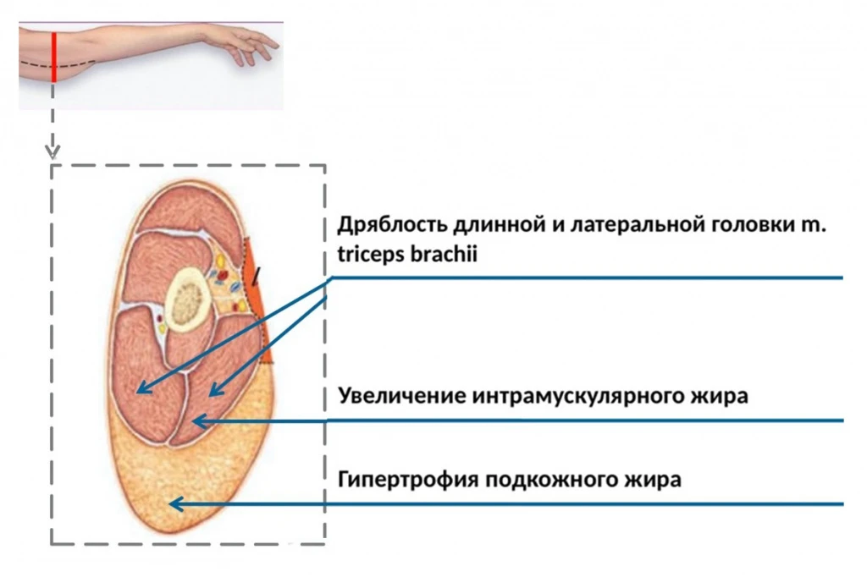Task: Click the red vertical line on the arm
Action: (53, 57)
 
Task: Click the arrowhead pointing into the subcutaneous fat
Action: (176, 503)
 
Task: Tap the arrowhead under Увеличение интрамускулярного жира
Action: (200, 421)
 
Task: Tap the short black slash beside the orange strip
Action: (255, 276)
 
